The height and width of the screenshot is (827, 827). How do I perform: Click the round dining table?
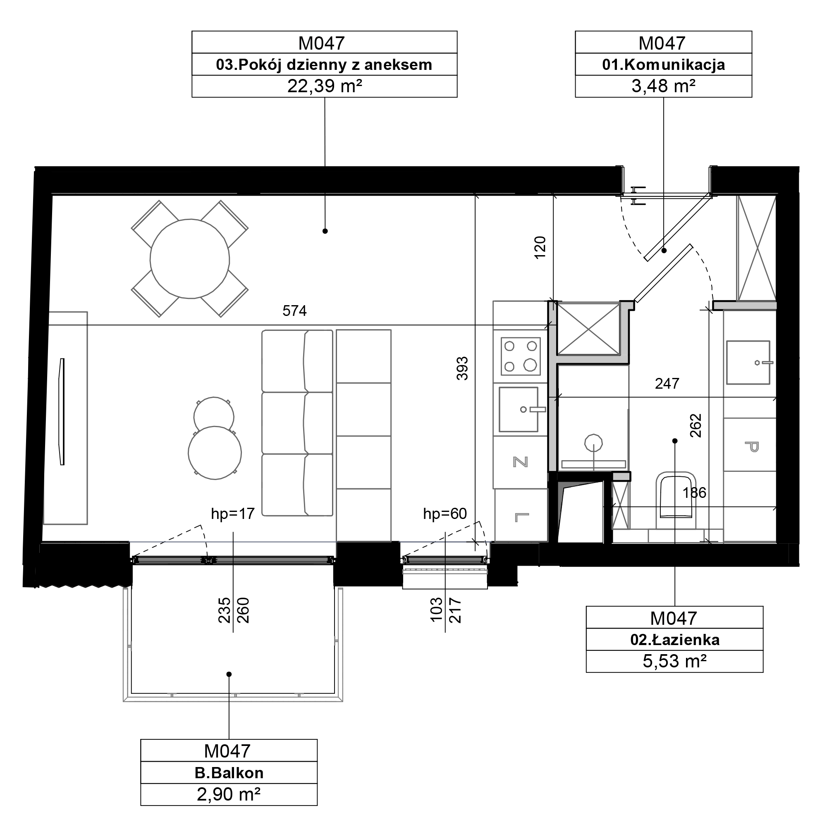click(x=190, y=259)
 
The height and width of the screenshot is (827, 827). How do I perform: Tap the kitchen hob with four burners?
click(x=521, y=356)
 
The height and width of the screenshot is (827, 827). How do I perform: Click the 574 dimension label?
click(x=294, y=311)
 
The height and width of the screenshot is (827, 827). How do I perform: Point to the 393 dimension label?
click(x=462, y=368)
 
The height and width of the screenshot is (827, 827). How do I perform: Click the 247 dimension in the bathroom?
click(x=667, y=384)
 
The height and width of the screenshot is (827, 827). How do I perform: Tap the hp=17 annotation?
click(x=233, y=513)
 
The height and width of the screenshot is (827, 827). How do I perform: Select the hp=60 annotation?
click(x=445, y=513)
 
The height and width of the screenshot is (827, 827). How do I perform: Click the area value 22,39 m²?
click(x=325, y=86)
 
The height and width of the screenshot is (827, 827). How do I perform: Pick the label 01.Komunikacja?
click(x=664, y=65)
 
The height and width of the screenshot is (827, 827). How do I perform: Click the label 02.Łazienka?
click(x=674, y=640)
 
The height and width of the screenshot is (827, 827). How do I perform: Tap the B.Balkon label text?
click(x=229, y=773)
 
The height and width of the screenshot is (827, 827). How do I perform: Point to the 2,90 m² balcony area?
click(x=229, y=794)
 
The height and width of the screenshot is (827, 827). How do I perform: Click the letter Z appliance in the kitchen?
click(x=521, y=462)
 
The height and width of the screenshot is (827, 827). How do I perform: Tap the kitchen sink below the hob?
click(x=519, y=409)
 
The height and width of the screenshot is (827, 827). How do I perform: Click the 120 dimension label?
click(x=540, y=247)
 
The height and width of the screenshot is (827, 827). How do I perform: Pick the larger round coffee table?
click(x=215, y=452)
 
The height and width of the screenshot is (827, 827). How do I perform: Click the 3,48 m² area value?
click(x=663, y=86)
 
